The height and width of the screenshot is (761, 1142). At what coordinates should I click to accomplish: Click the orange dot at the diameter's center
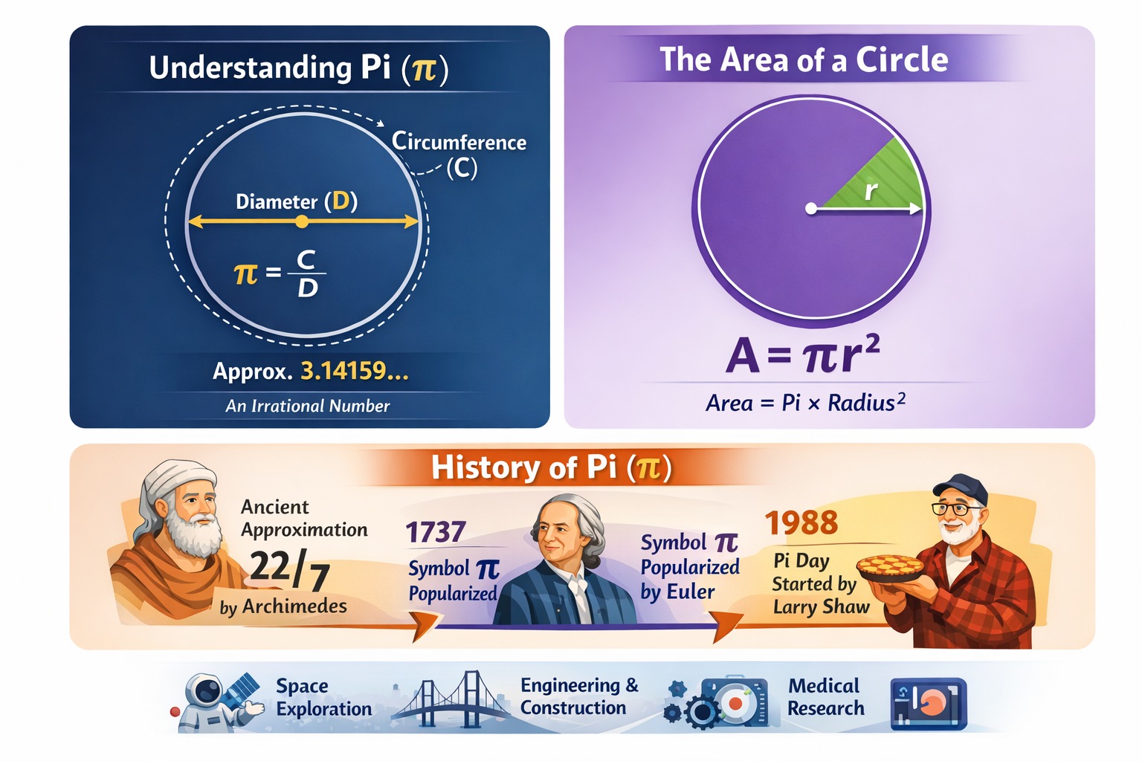301,221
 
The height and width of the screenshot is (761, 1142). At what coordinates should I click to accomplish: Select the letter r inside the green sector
871,190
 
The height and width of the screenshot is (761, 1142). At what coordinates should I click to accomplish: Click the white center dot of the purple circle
811,209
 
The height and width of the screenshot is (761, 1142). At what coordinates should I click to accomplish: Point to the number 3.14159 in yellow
354,370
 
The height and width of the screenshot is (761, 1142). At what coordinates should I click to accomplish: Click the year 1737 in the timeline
436,532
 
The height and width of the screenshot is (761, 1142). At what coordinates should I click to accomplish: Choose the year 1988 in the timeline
801,523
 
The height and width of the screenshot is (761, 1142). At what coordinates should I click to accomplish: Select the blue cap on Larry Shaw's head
961,488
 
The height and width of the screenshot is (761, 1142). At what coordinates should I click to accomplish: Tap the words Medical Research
825,696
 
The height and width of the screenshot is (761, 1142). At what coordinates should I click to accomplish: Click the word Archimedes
294,606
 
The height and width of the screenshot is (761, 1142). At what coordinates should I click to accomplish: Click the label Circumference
459,141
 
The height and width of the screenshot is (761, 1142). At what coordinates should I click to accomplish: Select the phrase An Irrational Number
307,406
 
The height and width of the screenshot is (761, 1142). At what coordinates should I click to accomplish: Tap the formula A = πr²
802,354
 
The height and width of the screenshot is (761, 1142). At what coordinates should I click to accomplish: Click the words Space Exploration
323,697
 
